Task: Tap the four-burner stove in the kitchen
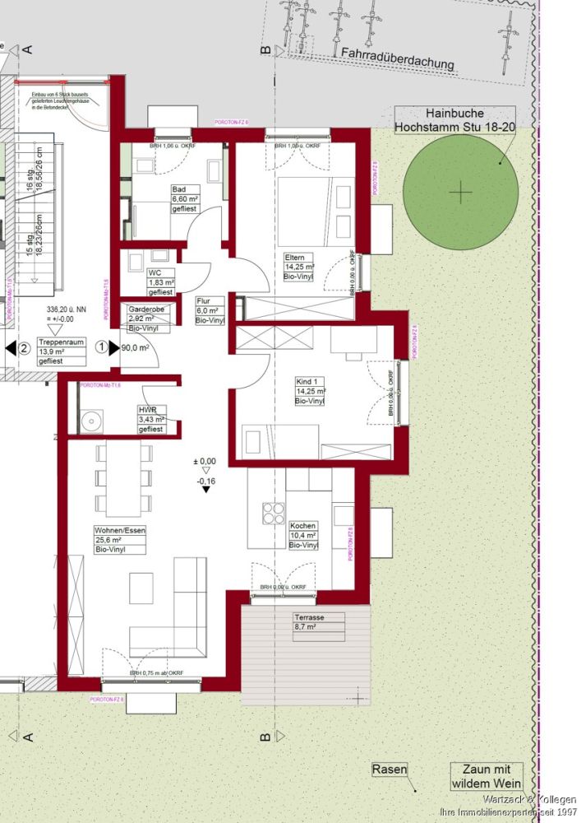click(272, 513)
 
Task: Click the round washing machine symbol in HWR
click(91, 421)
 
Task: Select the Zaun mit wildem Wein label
click(486, 775)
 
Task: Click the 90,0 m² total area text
click(135, 347)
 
